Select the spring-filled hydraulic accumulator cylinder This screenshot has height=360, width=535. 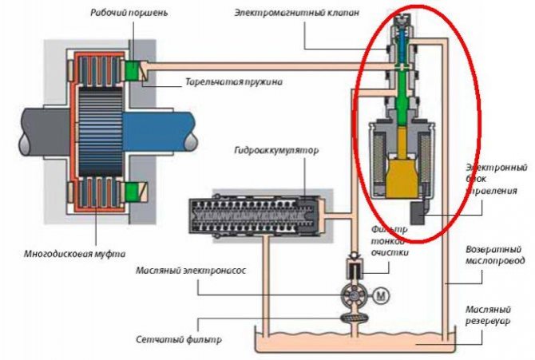point(251,216)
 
